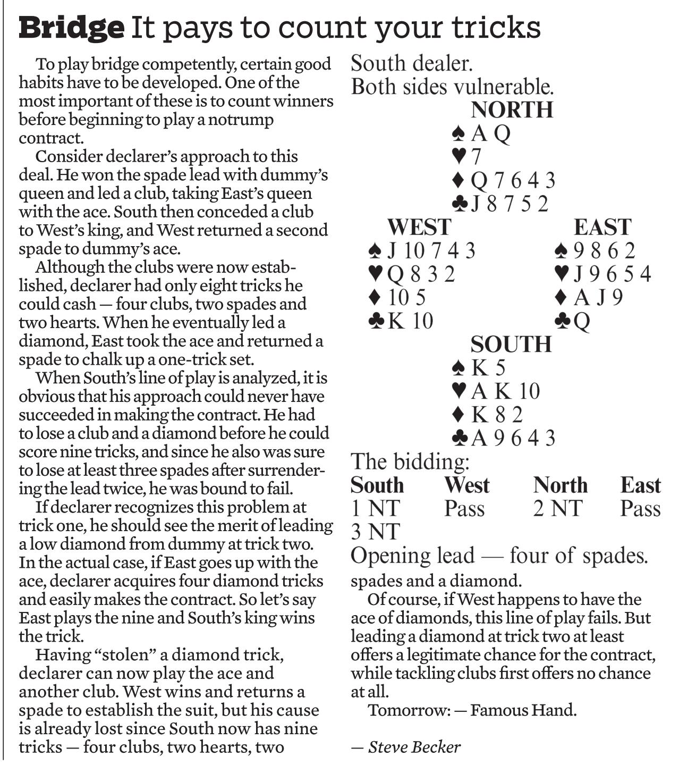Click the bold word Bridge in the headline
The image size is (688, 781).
point(71,28)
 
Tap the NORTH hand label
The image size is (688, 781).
point(512,110)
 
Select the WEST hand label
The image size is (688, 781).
point(419,227)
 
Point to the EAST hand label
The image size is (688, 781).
point(602,227)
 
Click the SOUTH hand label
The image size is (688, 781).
point(511,345)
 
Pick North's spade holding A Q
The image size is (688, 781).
point(481,133)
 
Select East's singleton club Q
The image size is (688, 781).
point(572,321)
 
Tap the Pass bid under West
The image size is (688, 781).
point(464,509)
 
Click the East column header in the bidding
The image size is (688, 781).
point(640,485)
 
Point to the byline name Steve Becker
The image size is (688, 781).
point(414,747)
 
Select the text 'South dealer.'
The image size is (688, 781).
point(412,64)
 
